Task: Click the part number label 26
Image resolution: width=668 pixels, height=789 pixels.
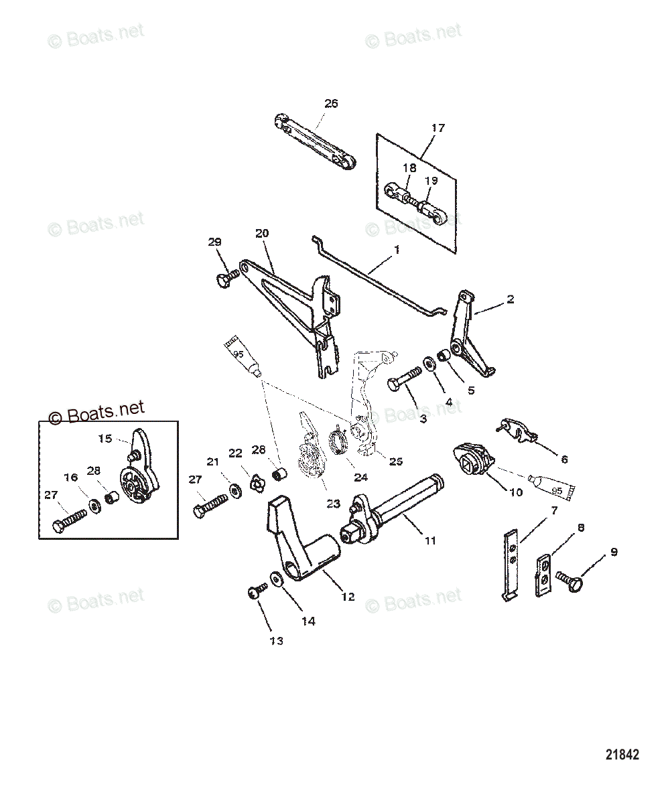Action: point(332,103)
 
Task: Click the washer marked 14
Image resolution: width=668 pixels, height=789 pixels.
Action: point(276,578)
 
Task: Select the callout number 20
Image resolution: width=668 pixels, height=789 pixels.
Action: point(261,233)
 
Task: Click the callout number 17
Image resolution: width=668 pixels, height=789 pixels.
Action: point(438,127)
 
